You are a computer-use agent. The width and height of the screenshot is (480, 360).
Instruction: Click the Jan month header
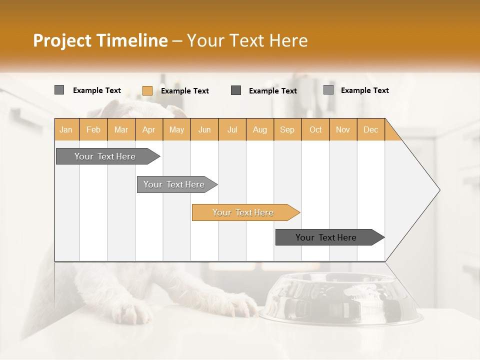point(66,129)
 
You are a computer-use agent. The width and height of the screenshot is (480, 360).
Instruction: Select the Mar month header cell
point(121,129)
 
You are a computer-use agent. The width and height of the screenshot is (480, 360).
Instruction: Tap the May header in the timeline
point(176,129)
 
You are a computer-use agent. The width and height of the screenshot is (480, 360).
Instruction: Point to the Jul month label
point(232,129)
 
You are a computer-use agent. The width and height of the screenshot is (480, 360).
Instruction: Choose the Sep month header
point(287,129)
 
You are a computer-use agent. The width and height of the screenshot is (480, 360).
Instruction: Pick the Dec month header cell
point(370,129)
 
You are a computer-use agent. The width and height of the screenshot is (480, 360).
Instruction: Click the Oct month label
point(315,129)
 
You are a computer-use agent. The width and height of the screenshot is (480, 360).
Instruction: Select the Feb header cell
point(93,129)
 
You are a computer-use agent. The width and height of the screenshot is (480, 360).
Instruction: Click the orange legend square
point(147,90)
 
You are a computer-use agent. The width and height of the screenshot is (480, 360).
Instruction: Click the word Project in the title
point(62,40)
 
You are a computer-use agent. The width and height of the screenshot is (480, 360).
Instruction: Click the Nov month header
point(342,129)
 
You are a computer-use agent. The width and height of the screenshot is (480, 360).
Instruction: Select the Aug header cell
point(259,129)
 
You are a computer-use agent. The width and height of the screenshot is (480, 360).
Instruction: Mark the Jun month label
point(204,129)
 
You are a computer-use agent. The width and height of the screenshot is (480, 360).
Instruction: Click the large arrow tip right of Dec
point(415,190)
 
